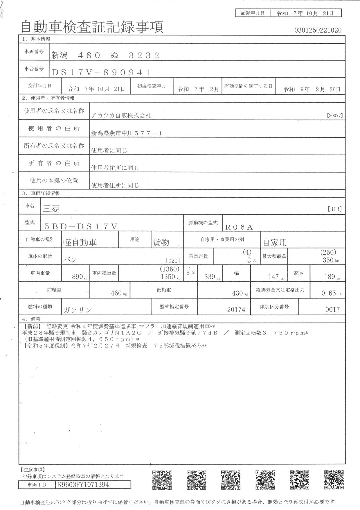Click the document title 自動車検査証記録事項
pyautogui.click(x=92, y=27)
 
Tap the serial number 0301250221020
pyautogui.click(x=318, y=30)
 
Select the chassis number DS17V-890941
pyautogui.click(x=101, y=73)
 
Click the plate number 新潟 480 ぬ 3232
pyautogui.click(x=105, y=55)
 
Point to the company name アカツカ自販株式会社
pyautogui.click(x=121, y=116)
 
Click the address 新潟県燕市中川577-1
pyautogui.click(x=127, y=133)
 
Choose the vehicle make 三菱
pyautogui.click(x=51, y=208)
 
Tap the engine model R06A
pyautogui.click(x=239, y=227)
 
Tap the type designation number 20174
pyautogui.click(x=236, y=310)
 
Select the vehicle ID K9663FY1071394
pyautogui.click(x=83, y=484)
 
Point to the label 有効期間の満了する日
pyautogui.click(x=248, y=86)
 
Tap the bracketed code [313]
pyautogui.click(x=334, y=209)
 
